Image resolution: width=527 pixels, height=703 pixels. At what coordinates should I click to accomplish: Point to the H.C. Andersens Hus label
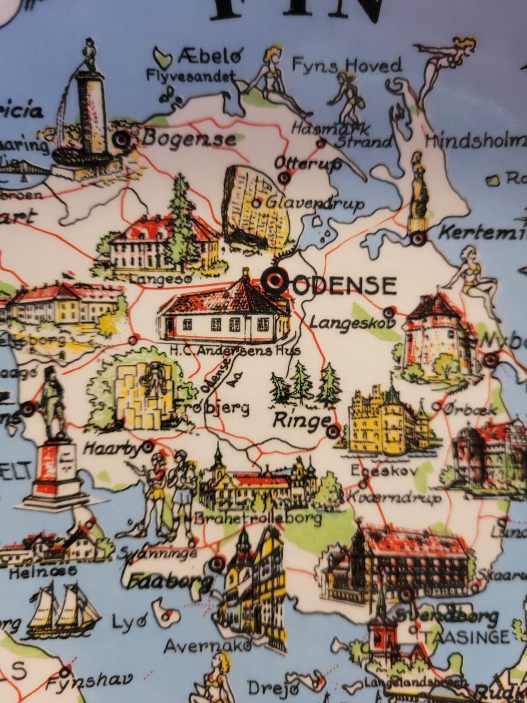[235, 349]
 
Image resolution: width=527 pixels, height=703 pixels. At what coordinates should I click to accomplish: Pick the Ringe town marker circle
[333, 432]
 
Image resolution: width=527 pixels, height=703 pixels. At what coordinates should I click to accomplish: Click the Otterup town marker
[284, 177]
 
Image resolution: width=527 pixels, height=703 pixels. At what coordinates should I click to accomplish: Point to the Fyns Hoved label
[346, 66]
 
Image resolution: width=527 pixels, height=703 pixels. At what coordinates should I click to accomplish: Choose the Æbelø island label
[209, 57]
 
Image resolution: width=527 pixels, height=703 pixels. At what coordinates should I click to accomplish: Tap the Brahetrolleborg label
[258, 518]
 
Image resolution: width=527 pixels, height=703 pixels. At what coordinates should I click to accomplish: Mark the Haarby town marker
[148, 447]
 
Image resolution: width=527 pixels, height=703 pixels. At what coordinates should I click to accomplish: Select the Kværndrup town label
[394, 498]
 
